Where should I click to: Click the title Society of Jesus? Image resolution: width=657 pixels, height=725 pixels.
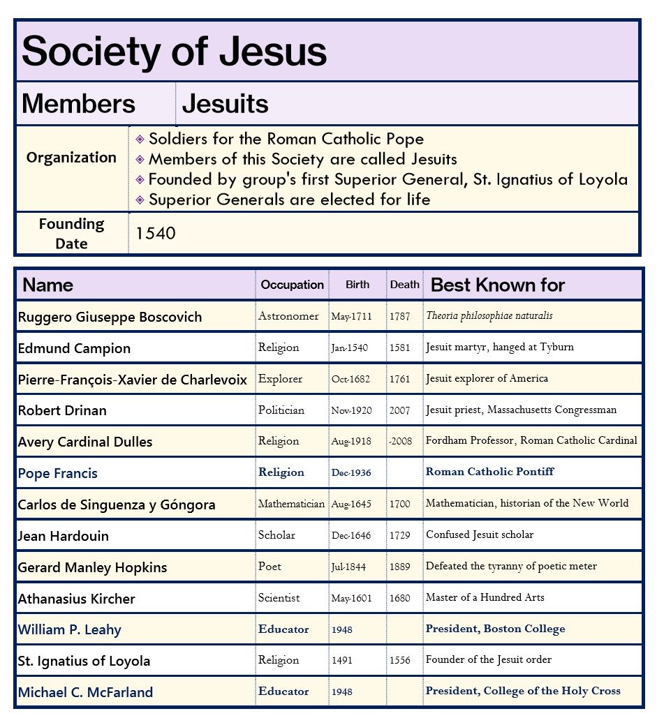pos(174,52)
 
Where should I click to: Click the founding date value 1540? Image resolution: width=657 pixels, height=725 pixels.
pos(155,234)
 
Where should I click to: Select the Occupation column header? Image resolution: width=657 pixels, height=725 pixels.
pos(292,285)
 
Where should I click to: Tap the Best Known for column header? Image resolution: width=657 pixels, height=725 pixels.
pos(497,285)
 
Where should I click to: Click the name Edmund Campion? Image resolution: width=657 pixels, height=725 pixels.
pos(74,348)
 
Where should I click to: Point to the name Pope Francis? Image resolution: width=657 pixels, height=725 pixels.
pos(57,473)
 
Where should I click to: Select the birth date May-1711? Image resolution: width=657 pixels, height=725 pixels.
pos(351,317)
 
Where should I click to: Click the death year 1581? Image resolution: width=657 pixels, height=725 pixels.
pos(399,347)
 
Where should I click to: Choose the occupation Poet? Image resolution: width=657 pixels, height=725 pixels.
pos(270,566)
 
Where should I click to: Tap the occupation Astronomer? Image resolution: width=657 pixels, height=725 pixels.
pos(288,316)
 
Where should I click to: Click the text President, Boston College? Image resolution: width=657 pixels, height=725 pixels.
pos(495,629)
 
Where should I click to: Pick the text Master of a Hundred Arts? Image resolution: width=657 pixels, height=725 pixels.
pos(485,597)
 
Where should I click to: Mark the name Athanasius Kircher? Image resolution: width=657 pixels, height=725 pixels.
pos(76,599)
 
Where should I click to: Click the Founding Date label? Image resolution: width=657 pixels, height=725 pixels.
pos(71,234)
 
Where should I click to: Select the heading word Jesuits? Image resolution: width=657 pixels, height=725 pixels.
pos(225,104)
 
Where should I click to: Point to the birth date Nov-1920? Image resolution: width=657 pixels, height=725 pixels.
pos(351,410)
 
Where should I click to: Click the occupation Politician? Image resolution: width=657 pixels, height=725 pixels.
pos(281,410)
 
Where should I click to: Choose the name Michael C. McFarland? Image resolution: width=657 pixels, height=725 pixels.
pos(85,692)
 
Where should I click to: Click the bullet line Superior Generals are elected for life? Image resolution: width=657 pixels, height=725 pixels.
pos(289,200)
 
